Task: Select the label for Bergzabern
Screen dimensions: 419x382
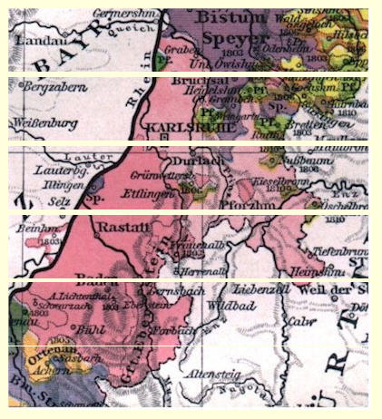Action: pyautogui.click(x=45, y=94)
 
